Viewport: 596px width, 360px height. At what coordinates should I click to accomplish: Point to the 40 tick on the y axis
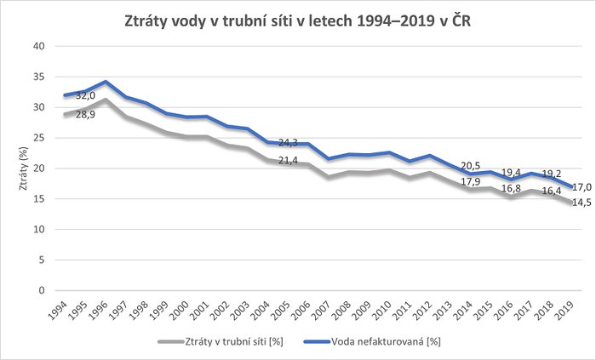pos(38,46)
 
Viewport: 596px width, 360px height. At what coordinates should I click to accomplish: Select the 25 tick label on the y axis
pos(38,138)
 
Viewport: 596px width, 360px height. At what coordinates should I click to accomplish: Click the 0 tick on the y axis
pos(41,290)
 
